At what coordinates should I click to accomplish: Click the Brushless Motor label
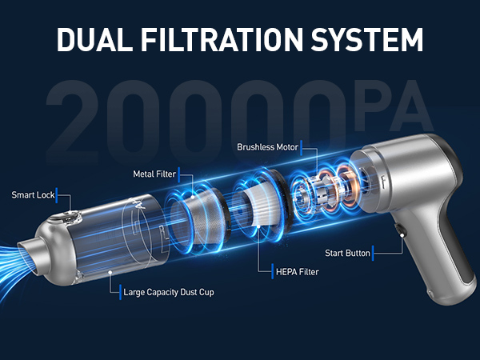tap(270, 148)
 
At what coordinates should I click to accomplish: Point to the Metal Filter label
tap(154, 174)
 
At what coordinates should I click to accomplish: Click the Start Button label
tap(347, 254)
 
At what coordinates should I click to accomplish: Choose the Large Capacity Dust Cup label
tap(169, 293)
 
